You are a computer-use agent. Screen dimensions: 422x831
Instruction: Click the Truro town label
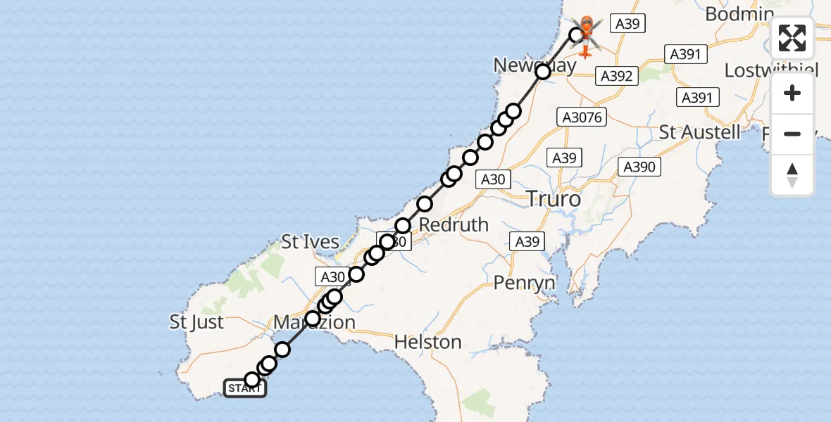tap(554, 200)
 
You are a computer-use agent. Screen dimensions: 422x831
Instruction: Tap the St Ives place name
tap(311, 243)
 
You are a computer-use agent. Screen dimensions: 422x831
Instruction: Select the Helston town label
tap(427, 343)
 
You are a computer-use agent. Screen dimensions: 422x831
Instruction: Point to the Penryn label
tap(524, 283)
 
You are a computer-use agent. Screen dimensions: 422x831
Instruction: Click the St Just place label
tap(196, 322)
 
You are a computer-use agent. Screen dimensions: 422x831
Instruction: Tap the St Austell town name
tap(699, 132)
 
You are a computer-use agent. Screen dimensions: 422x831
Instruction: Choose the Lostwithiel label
tap(771, 70)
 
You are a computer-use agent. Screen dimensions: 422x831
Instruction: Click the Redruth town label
tap(454, 224)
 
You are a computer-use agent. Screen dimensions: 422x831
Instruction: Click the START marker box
tap(245, 388)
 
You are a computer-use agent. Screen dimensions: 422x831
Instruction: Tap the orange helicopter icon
tap(586, 35)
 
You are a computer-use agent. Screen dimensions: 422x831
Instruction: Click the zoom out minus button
tap(792, 134)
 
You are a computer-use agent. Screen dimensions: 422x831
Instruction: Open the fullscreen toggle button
tap(792, 38)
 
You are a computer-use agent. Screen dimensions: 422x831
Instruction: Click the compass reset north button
tap(792, 174)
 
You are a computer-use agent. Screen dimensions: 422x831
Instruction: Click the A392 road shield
tap(617, 76)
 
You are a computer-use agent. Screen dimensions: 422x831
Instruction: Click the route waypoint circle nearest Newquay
tap(542, 72)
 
